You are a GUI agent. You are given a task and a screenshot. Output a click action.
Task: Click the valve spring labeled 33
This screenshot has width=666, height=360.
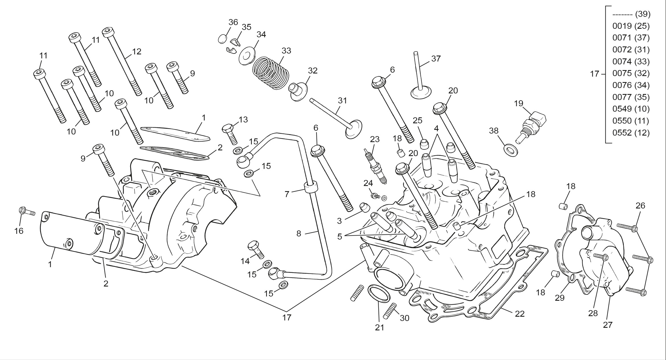(271, 72)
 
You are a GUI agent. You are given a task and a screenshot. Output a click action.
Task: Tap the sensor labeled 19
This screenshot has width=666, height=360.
(532, 126)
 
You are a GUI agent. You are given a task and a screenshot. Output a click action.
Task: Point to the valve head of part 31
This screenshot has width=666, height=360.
(354, 129)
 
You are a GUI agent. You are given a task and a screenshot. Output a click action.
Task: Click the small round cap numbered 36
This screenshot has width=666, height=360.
(223, 39)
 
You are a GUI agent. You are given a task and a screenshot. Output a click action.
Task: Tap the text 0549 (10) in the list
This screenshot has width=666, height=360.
(631, 109)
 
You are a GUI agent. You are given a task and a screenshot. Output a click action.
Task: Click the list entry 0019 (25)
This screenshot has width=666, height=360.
(631, 26)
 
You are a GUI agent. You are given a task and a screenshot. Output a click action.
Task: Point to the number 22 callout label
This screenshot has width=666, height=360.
(520, 314)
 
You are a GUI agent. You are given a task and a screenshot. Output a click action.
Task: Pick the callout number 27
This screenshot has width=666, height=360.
(608, 325)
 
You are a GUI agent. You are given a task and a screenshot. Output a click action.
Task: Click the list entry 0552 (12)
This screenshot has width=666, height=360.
(631, 133)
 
